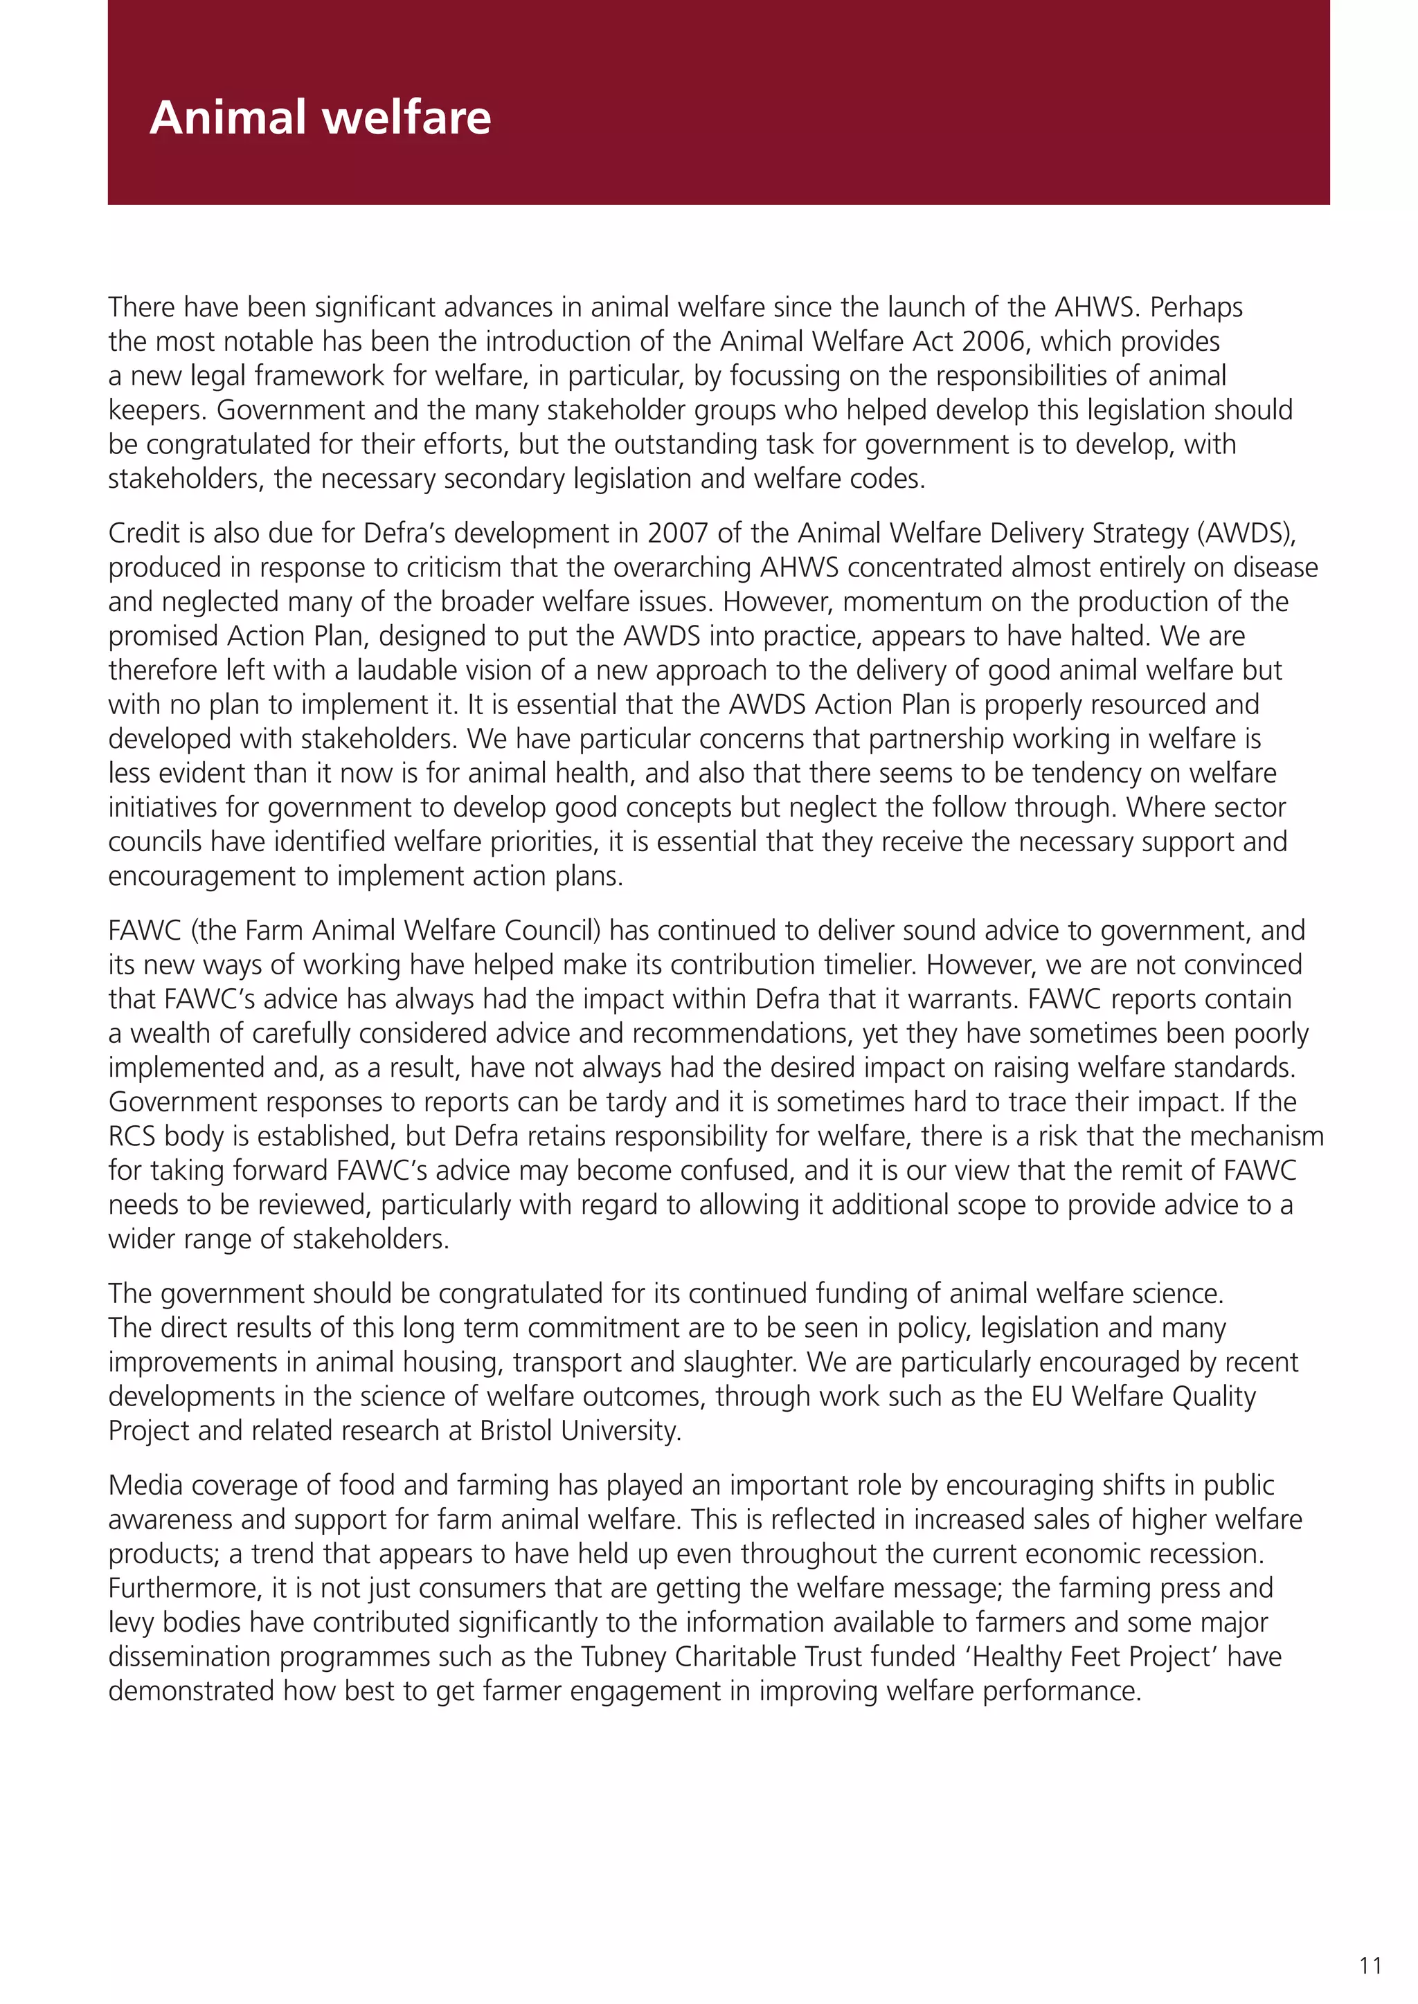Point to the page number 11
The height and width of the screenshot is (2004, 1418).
1370,1966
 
